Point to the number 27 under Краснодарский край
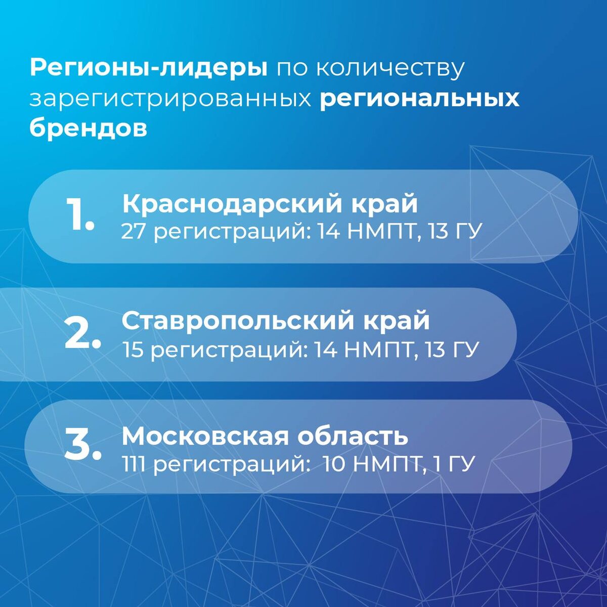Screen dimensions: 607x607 [134, 232]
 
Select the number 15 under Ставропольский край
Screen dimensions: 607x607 [134, 350]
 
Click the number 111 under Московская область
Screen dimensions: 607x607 [134, 464]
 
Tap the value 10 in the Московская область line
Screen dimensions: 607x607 [333, 464]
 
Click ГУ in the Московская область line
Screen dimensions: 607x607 [461, 464]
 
